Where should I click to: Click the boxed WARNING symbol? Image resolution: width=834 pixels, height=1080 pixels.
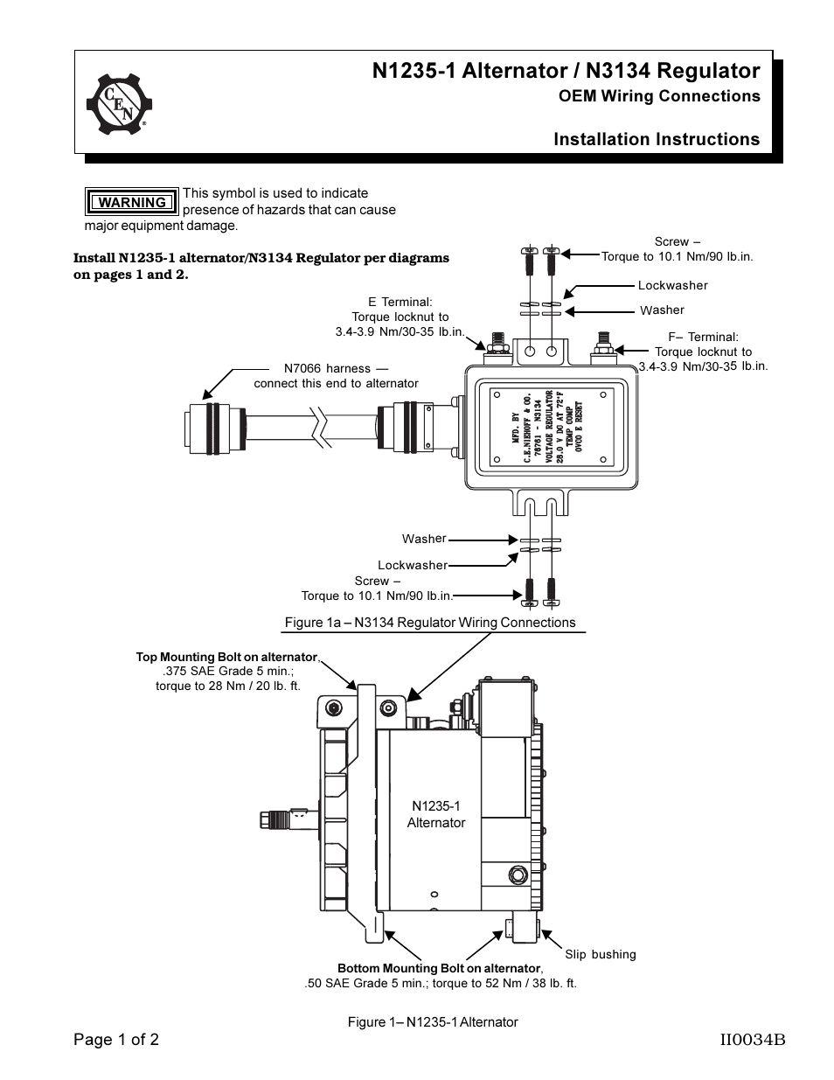[x=132, y=202]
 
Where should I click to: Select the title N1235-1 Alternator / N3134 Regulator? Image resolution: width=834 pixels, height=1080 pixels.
[x=566, y=70]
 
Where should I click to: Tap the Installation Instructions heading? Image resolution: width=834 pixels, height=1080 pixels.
[x=657, y=139]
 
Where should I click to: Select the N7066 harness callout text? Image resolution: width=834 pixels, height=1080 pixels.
[x=336, y=376]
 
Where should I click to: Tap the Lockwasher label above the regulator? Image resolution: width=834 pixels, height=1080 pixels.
[x=672, y=285]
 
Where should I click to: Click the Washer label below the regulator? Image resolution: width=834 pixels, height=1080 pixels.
[x=424, y=539]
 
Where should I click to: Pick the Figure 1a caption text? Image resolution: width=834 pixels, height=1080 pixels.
[x=430, y=623]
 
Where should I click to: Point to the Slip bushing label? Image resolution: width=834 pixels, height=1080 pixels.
[x=600, y=954]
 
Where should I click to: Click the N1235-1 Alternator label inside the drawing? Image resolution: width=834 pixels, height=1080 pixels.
[x=435, y=814]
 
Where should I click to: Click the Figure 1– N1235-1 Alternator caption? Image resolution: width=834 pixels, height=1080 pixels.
[x=433, y=1021]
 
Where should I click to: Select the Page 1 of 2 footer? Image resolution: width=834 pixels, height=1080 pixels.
[x=116, y=1040]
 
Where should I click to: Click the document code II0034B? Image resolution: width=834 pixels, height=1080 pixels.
[x=752, y=1040]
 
